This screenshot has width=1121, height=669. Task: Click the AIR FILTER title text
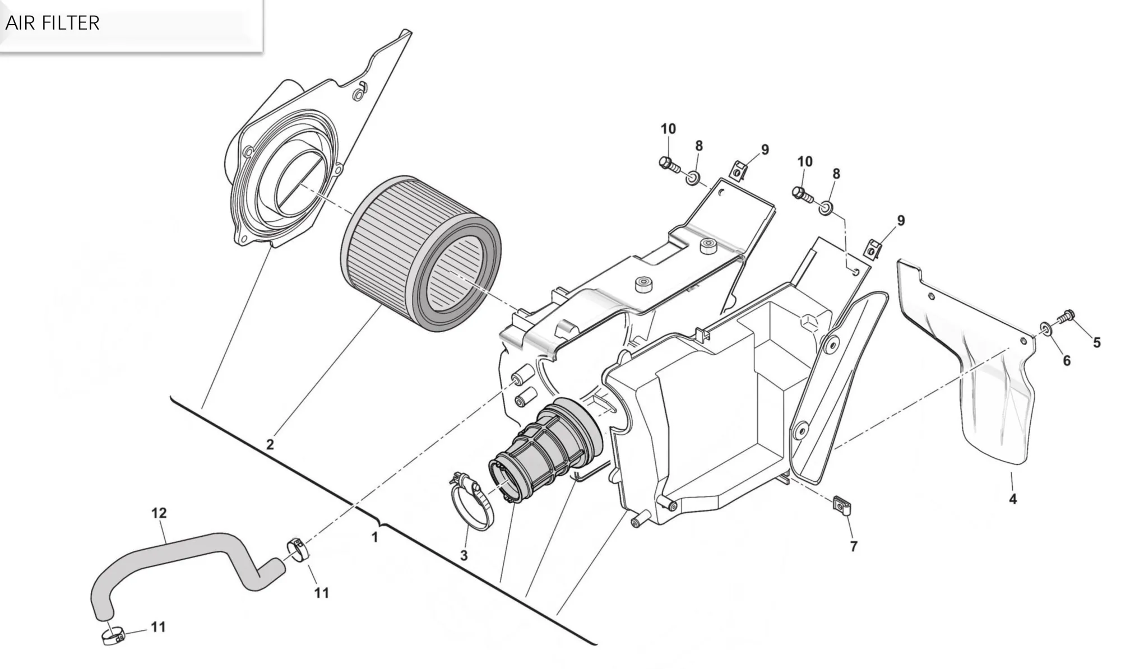52,23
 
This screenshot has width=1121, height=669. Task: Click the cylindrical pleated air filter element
420,252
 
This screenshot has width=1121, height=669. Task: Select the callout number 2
270,445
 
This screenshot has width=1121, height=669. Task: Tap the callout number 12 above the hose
159,513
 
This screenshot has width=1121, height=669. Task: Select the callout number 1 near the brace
375,537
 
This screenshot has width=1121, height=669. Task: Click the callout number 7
854,546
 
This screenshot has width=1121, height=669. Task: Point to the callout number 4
1013,499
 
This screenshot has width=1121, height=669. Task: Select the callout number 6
1067,361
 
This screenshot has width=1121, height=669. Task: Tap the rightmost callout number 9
901,221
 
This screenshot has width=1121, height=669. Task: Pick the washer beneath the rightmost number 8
826,210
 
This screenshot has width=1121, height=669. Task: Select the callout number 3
464,556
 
